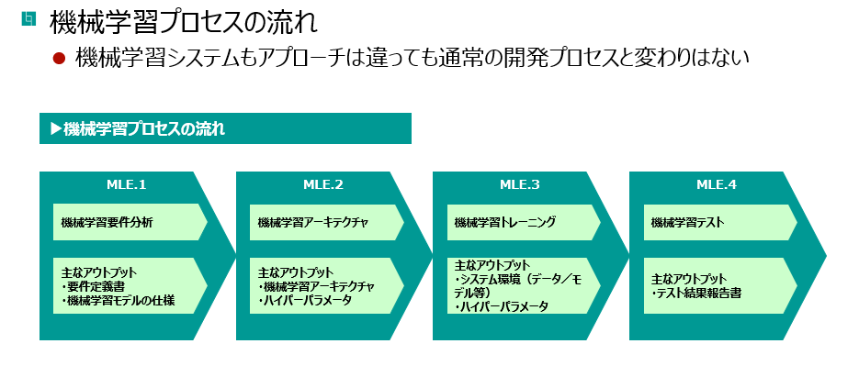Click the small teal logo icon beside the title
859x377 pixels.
click(28, 18)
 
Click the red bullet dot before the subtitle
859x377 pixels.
click(59, 58)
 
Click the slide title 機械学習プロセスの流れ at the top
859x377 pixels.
click(184, 24)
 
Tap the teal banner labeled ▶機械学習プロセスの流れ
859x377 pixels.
click(225, 128)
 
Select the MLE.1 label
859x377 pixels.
click(127, 185)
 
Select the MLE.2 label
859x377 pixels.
click(323, 185)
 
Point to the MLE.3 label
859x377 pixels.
click(520, 185)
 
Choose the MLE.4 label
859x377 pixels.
click(717, 185)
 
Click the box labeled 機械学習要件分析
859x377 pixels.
click(130, 222)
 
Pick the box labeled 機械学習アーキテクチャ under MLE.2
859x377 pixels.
click(326, 222)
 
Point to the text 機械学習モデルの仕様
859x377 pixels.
click(121, 300)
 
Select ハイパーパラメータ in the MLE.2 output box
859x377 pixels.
click(308, 300)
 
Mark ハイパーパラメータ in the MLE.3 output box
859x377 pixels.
click(504, 307)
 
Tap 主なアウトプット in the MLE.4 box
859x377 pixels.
click(689, 279)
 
